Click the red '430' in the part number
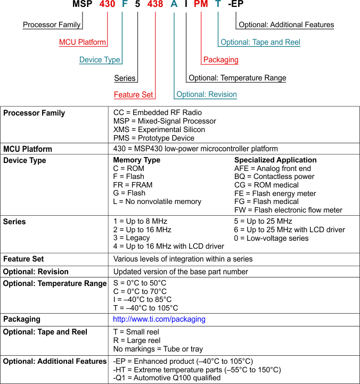click(108, 5)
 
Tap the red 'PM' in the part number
click(201, 5)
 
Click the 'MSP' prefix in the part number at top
click(82, 5)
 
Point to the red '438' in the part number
click(156, 5)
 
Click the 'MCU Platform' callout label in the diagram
click(83, 42)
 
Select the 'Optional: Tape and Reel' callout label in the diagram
click(260, 42)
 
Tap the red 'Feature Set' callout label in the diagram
click(134, 95)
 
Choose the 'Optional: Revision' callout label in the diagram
click(207, 94)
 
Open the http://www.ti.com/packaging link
click(159, 319)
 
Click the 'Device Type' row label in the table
click(24, 160)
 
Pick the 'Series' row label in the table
click(14, 222)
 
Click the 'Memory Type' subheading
click(136, 160)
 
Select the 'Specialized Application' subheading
click(275, 160)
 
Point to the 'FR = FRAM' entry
click(133, 185)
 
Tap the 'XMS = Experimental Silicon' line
click(159, 129)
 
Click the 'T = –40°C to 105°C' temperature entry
click(145, 308)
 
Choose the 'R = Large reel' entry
click(137, 340)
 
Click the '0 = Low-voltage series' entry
click(271, 238)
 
